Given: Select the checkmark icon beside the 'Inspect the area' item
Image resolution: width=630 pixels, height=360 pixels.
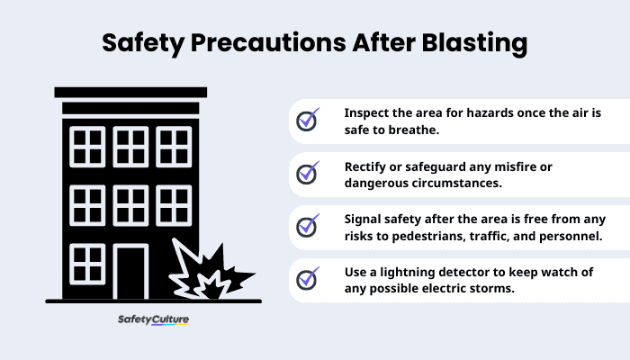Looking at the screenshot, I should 308,121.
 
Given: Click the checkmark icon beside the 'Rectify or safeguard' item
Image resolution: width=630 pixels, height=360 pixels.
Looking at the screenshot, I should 308,172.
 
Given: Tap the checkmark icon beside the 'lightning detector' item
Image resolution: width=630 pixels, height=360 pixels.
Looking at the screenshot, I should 308,278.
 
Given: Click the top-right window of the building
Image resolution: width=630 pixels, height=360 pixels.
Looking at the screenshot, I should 173,147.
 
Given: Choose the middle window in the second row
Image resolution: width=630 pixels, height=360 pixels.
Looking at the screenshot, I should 131,204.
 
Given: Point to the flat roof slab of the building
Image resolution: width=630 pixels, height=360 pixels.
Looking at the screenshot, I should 131,92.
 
